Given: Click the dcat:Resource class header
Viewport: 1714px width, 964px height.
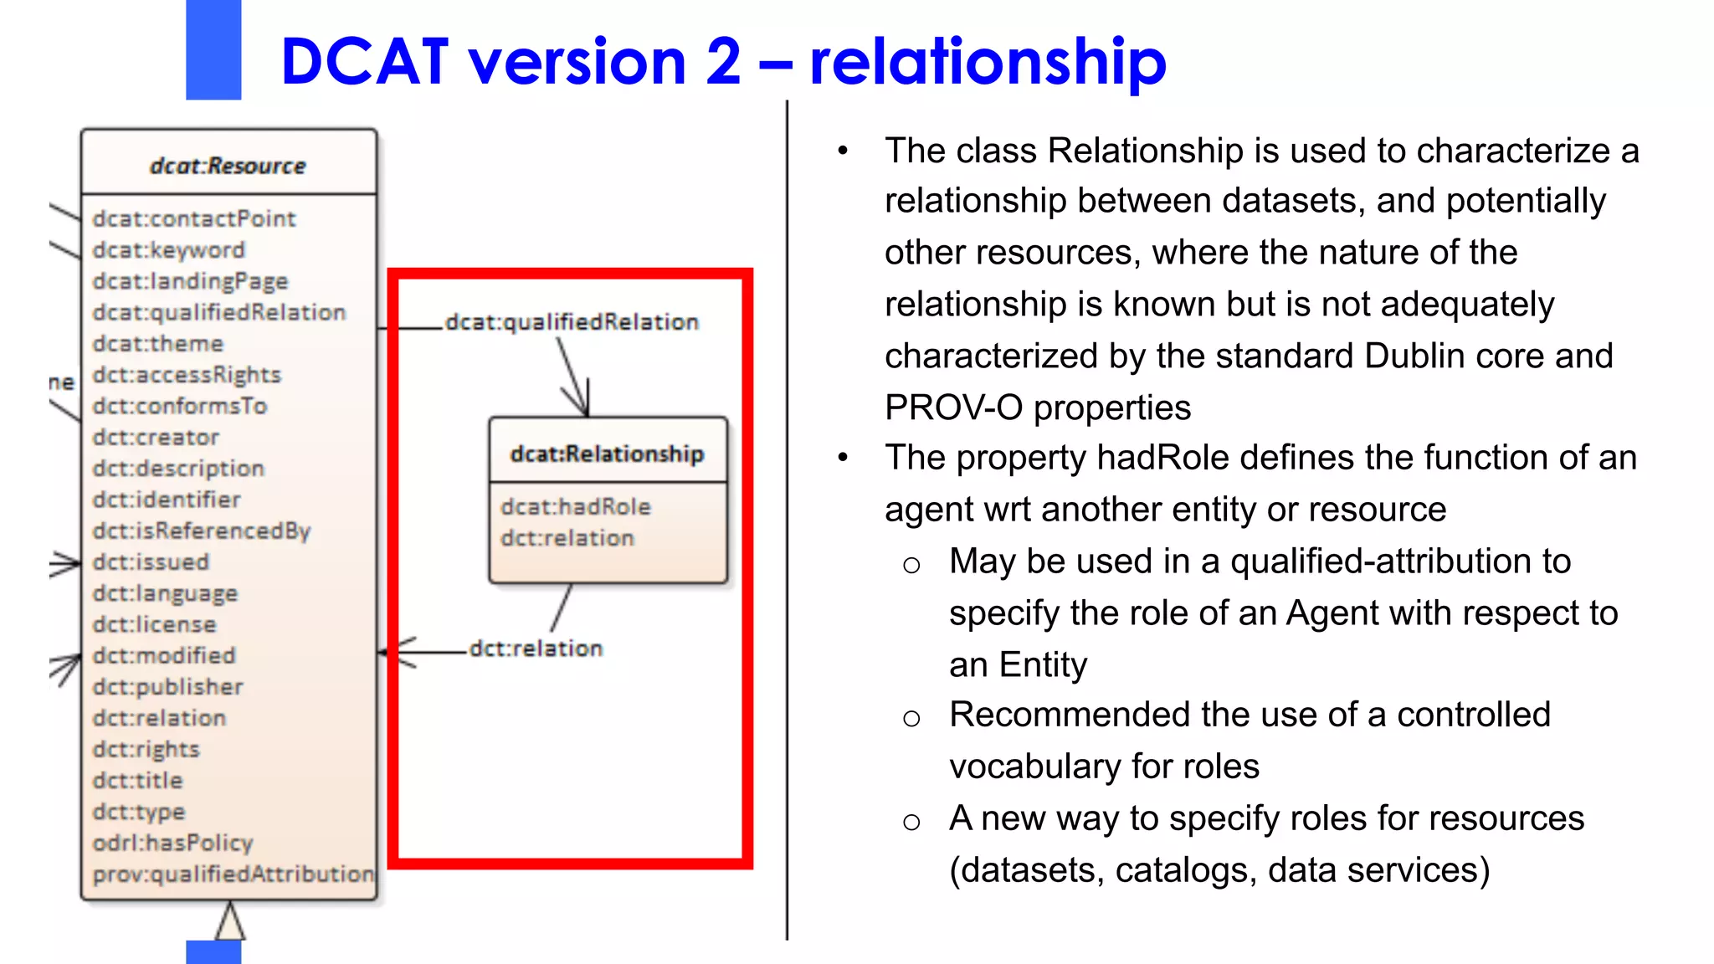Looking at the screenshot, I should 228,166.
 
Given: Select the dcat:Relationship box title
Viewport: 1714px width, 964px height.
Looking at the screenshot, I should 607,454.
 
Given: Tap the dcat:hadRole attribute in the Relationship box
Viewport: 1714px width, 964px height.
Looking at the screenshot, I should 575,506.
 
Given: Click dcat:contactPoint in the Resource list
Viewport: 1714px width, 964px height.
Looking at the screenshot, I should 194,218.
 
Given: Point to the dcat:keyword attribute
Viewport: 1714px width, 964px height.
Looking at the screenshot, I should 168,250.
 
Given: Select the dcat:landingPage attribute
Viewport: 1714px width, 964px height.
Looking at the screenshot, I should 190,281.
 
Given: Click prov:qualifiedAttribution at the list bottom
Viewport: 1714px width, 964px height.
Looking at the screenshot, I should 233,874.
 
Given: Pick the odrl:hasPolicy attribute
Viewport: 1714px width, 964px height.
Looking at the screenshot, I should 172,843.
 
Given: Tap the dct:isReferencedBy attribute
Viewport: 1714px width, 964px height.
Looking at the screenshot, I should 201,531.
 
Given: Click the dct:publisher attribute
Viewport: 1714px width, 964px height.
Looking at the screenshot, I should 167,687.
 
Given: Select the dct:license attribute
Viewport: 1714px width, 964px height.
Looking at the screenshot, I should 154,624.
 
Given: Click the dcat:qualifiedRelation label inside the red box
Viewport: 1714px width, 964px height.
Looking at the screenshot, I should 572,322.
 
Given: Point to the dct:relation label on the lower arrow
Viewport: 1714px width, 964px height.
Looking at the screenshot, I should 536,649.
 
